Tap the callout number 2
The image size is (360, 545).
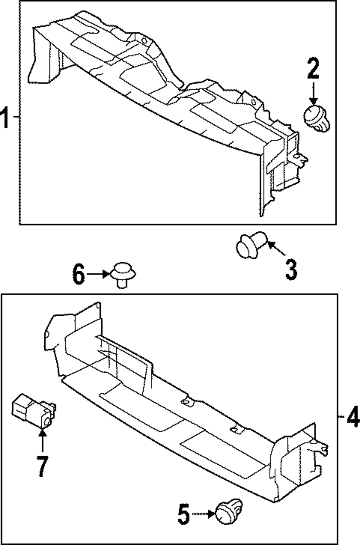313,69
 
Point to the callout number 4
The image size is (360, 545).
353,416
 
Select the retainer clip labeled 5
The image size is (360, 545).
229,511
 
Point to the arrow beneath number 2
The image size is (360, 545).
313,94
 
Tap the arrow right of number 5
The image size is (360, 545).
203,514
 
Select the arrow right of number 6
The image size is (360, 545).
98,274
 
